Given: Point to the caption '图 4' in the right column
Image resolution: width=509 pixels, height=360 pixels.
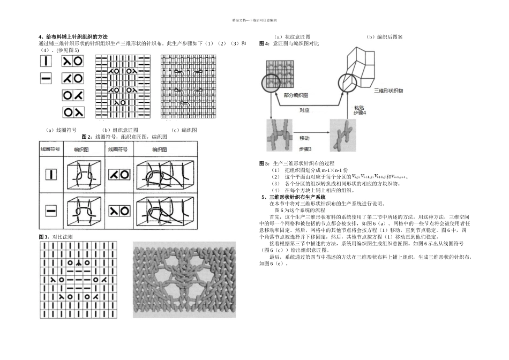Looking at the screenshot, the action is point(264,43).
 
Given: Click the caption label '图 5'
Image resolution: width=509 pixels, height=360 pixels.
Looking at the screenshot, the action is point(264,163).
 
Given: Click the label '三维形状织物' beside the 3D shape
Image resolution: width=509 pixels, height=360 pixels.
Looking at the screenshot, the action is point(388,92).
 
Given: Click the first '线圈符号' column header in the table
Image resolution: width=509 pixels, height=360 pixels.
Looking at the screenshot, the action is point(51,149).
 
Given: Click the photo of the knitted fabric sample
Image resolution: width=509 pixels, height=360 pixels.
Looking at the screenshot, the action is point(184,280).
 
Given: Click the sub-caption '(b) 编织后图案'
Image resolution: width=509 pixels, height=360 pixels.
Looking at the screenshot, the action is point(384,37).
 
